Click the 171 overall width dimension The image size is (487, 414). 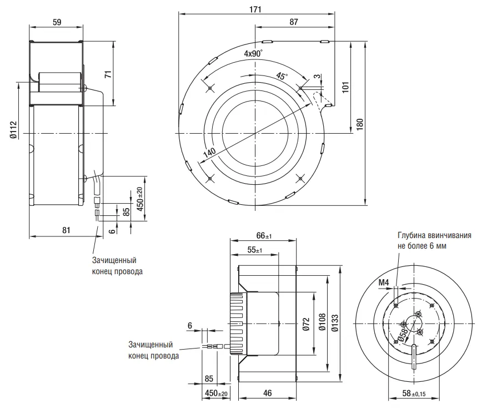click(255, 9)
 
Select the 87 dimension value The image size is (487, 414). click(294, 22)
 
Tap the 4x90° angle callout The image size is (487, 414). click(253, 53)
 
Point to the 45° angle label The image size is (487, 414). click(282, 75)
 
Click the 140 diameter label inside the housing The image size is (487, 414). click(209, 153)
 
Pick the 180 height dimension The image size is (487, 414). click(360, 125)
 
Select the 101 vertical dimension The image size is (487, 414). click(346, 87)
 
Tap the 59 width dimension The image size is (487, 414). click(57, 22)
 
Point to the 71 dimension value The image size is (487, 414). click(108, 74)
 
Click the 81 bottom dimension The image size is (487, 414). click(66, 230)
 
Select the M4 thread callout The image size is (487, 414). click(384, 282)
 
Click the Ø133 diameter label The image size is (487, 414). click(335, 323)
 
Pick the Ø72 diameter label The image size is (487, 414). click(306, 324)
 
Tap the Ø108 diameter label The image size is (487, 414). click(322, 322)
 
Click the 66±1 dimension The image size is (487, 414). click(264, 235)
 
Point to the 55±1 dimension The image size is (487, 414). click(255, 250)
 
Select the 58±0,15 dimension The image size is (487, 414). click(414, 393)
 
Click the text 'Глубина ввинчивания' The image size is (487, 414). click(434, 235)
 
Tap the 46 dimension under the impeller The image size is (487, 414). click(268, 393)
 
